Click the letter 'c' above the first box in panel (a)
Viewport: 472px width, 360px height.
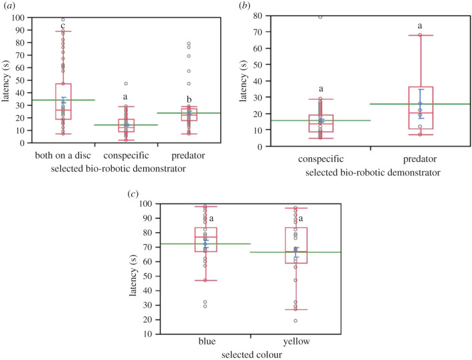[63, 26]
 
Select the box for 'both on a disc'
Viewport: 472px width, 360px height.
[63, 101]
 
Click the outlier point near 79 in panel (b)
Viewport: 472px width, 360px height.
[321, 17]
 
